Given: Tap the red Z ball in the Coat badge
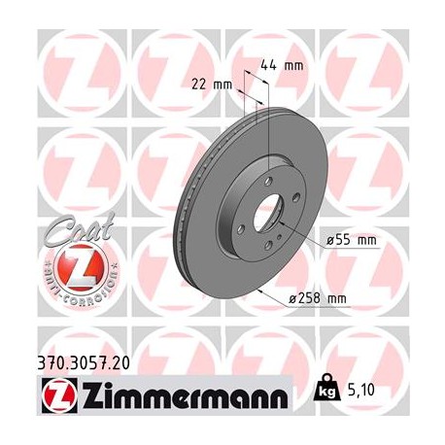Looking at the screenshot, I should [74, 268].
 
